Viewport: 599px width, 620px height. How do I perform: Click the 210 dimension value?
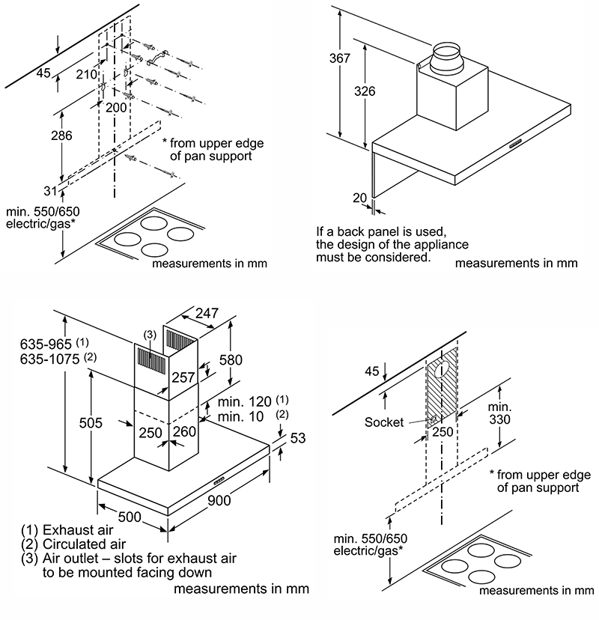click(88, 74)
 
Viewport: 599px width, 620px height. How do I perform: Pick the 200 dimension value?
click(115, 108)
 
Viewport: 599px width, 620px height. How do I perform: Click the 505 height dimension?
click(91, 422)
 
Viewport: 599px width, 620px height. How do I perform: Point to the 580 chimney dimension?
click(234, 360)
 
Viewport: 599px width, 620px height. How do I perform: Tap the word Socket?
click(383, 422)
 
